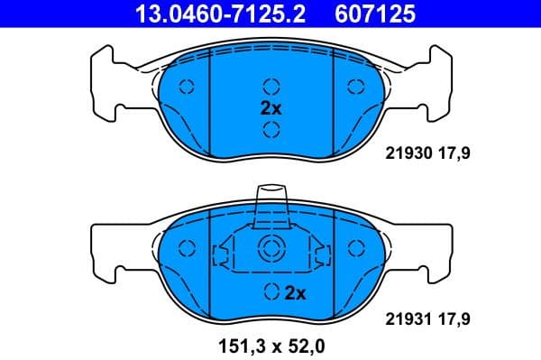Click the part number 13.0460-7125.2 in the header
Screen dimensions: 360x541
click(x=208, y=13)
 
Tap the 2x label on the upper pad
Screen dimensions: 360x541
click(x=270, y=107)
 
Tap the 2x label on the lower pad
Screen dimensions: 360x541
click(x=295, y=292)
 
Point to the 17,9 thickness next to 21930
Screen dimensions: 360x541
click(x=454, y=154)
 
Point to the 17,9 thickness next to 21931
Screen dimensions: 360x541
click(x=454, y=318)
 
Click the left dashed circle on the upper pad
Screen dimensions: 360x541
click(x=188, y=87)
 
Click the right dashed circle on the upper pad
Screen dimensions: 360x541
click(x=354, y=87)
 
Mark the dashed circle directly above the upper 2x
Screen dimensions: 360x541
click(x=270, y=87)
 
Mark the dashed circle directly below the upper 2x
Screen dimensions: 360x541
click(x=270, y=129)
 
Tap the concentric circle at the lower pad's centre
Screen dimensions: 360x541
click(x=270, y=250)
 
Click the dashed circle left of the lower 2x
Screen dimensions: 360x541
click(x=270, y=292)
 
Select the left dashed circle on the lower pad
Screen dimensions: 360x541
click(x=188, y=250)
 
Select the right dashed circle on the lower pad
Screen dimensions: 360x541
click(x=354, y=250)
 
